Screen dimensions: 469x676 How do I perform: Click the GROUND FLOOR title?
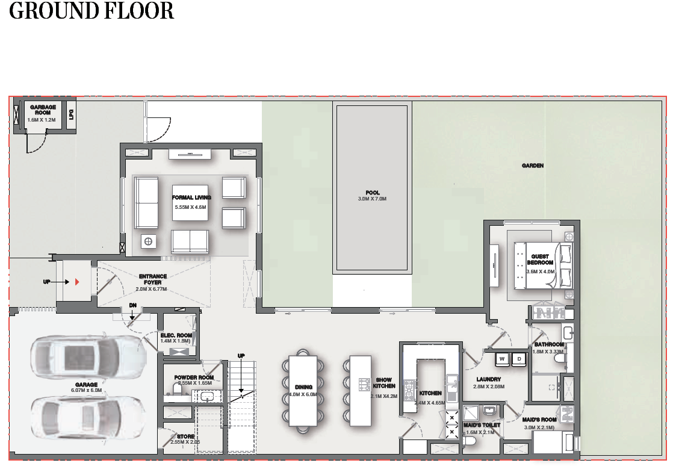coord(91,11)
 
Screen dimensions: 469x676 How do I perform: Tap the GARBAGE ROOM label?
coord(43,110)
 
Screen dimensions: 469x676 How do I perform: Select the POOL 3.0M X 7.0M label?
coord(372,196)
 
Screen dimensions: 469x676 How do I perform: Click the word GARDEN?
coord(533,166)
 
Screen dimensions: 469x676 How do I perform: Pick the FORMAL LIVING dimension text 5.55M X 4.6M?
coord(190,207)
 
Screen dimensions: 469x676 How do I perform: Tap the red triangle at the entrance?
coord(78,282)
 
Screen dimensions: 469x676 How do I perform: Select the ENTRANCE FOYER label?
coord(153,279)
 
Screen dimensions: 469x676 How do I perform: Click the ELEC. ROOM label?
coord(176,335)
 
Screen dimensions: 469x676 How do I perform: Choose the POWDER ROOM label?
coord(194,377)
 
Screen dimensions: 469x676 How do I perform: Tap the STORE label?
coord(185,436)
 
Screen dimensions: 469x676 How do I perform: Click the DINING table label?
coord(303,387)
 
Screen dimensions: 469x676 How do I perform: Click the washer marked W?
coord(501,359)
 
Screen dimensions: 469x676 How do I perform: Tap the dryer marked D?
coord(519,359)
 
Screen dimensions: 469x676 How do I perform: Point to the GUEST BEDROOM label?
coord(540,259)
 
